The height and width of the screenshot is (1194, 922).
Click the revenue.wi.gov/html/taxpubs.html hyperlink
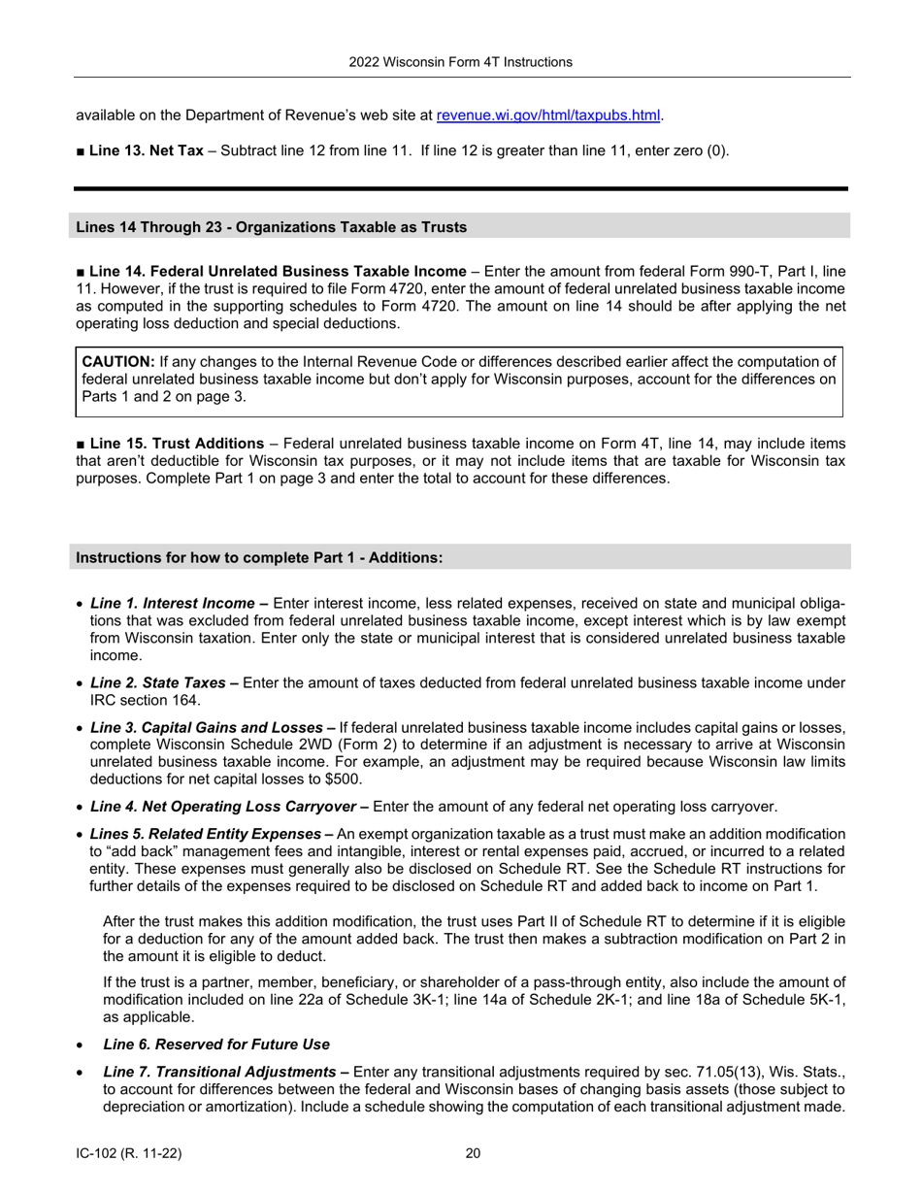(548, 116)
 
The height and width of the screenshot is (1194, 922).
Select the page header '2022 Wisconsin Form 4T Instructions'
(461, 62)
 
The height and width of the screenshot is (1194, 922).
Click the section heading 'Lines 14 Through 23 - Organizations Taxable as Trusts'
(272, 227)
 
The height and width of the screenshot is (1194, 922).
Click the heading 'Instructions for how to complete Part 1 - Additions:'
(259, 557)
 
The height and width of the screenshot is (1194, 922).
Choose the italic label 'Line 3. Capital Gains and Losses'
(206, 728)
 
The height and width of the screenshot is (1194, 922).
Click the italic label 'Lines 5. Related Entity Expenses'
(205, 835)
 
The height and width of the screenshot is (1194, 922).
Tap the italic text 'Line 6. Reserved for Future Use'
(215, 1045)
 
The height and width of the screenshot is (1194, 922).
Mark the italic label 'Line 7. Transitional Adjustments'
(218, 1072)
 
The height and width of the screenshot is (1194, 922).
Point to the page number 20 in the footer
(473, 1153)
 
